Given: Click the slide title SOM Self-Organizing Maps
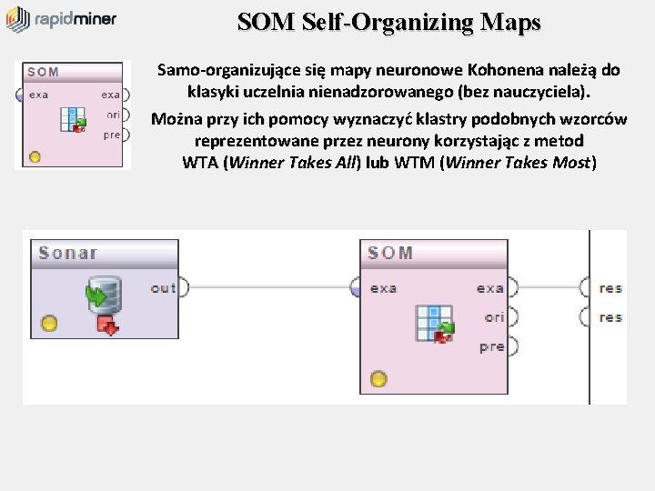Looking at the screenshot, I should click(x=389, y=22).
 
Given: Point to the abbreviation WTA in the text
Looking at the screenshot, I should click(x=200, y=164).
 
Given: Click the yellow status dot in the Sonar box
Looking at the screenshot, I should click(x=49, y=323).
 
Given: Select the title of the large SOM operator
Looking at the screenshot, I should click(x=391, y=253).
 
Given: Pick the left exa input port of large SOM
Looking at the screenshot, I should click(x=357, y=288).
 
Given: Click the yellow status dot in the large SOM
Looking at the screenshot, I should click(x=378, y=378).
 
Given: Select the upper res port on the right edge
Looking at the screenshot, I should click(x=584, y=288).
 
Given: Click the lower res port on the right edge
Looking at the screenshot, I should click(x=584, y=317).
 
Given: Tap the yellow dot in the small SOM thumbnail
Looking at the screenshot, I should click(x=35, y=156).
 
